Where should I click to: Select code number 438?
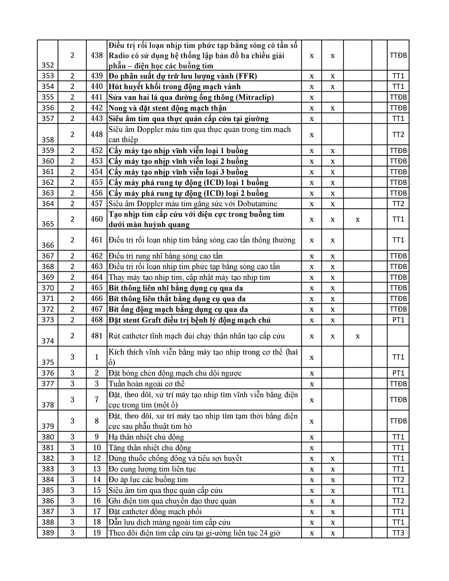click(x=96, y=55)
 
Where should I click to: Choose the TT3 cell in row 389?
click(x=398, y=533)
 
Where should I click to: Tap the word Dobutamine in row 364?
click(x=257, y=204)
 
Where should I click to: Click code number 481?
click(x=96, y=336)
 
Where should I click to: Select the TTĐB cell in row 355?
click(x=398, y=97)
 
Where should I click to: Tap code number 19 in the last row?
click(x=96, y=533)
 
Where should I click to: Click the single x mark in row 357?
click(x=312, y=119)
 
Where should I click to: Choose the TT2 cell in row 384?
click(x=398, y=480)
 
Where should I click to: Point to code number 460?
click(x=96, y=219)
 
